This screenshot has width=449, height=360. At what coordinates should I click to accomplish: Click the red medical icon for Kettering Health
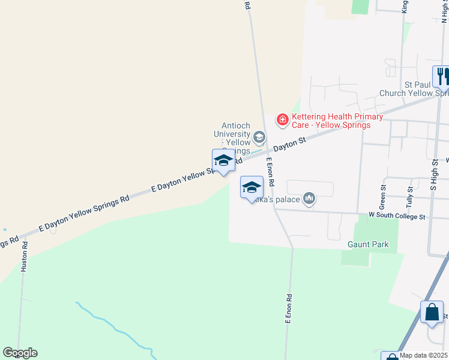tap(282, 121)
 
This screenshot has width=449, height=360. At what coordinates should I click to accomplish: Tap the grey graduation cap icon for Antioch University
tap(259, 138)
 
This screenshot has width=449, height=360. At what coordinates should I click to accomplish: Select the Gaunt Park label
tap(368, 245)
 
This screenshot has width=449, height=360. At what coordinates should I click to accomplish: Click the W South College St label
tap(397, 216)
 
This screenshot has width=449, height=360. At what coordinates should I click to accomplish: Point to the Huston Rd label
tap(25, 257)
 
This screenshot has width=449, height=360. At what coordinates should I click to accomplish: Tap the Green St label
tap(382, 194)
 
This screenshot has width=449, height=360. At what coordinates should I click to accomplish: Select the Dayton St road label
tap(290, 145)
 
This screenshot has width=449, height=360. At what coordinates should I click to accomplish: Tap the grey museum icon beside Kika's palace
tap(309, 198)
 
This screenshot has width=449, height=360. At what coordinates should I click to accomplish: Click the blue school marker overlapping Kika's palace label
tap(252, 188)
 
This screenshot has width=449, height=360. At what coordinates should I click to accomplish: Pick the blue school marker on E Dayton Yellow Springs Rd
tap(223, 161)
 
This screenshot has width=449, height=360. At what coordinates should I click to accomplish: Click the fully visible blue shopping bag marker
tap(432, 313)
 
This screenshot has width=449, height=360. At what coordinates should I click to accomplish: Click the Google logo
tap(20, 353)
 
